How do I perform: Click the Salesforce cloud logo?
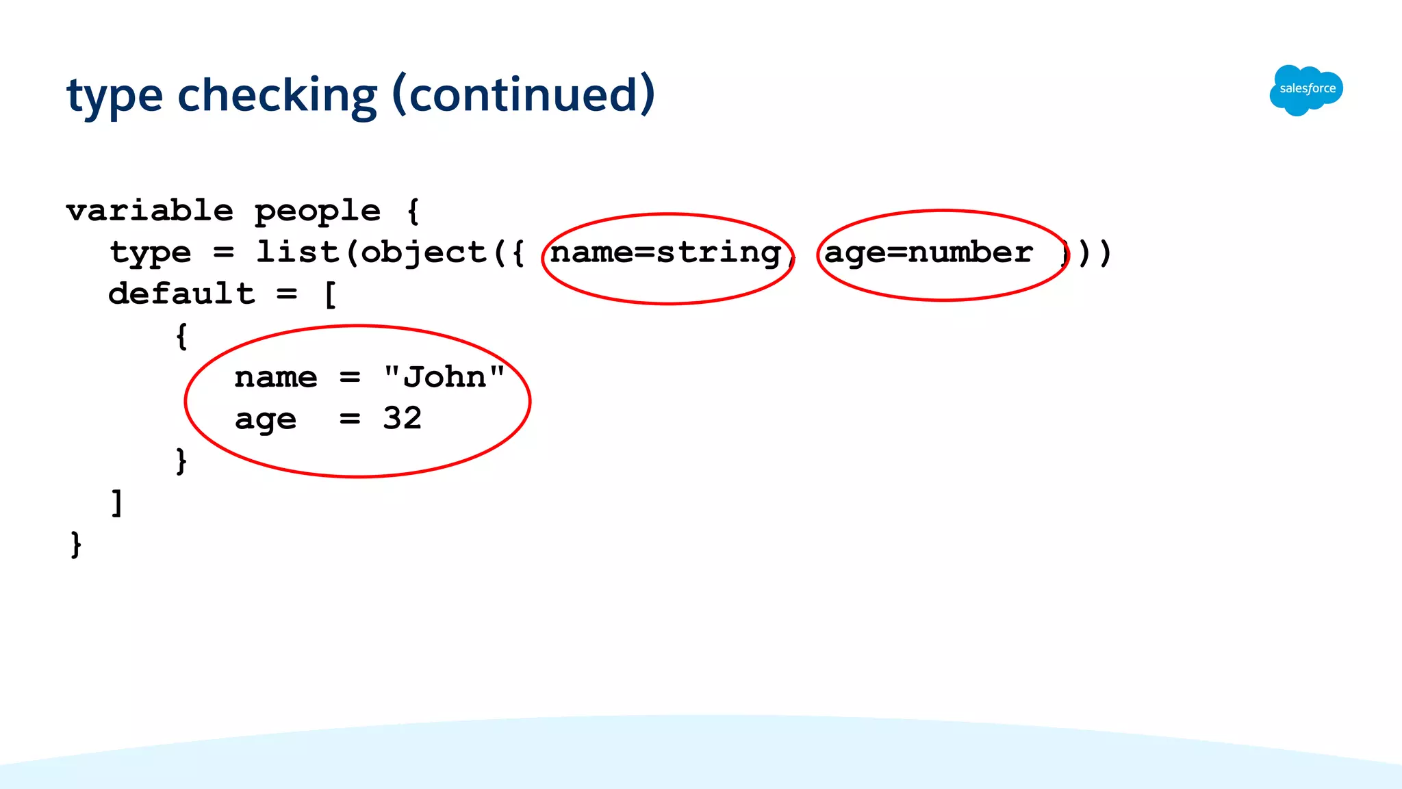coord(1306,90)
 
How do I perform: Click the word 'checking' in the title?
coord(277,95)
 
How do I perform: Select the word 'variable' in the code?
coord(150,211)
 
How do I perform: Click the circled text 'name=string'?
coord(665,253)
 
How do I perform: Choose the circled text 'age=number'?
coord(928,253)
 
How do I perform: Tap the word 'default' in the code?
coord(181,294)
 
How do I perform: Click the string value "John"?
coord(444,377)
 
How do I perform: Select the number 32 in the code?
coord(402,418)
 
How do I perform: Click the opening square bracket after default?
coord(330,295)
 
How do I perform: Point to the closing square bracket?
coord(117,503)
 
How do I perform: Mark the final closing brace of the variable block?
coord(76,545)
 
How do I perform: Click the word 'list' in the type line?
coord(297,253)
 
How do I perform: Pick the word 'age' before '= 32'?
coord(266,419)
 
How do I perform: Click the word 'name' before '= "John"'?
coord(276,378)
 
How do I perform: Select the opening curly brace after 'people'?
coord(413,211)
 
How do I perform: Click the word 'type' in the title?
coord(114,96)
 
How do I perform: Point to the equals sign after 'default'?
coord(287,294)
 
